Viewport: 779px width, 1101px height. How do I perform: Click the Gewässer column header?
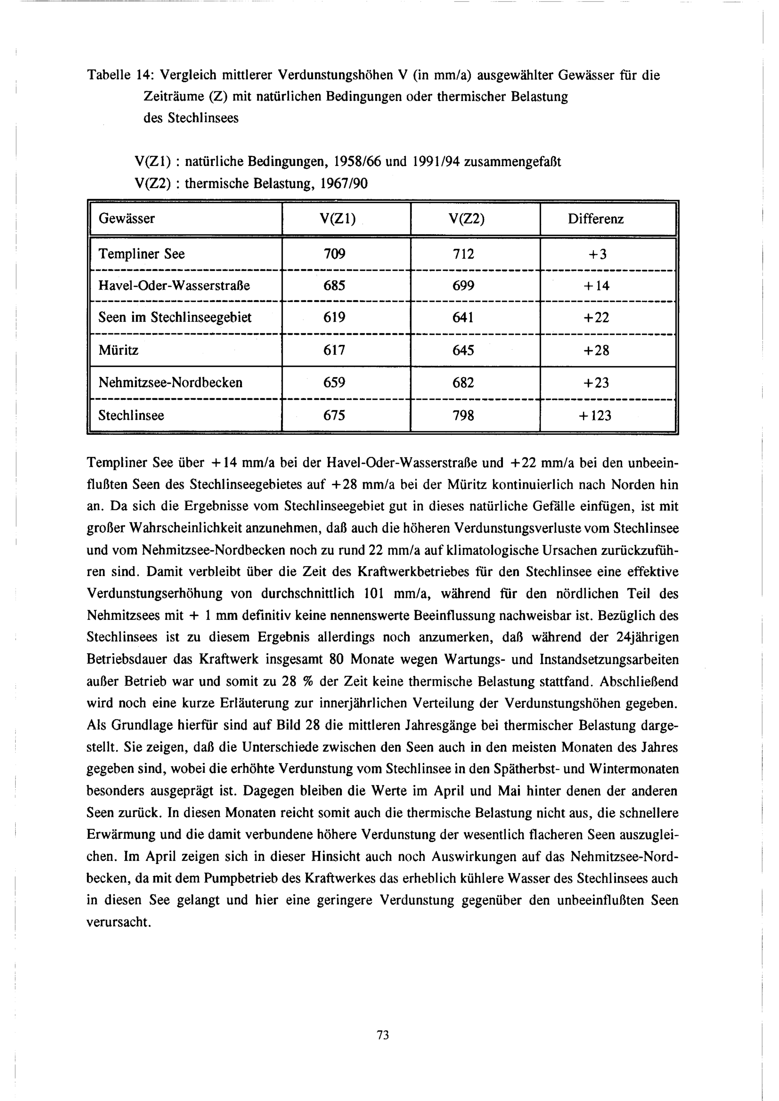[127, 219]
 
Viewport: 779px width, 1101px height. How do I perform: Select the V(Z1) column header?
[337, 219]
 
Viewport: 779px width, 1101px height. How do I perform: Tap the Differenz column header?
[596, 219]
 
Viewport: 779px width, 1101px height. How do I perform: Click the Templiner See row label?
[141, 254]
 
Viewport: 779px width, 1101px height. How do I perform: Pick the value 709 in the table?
[334, 254]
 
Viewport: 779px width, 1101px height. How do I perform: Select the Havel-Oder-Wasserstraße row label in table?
[174, 286]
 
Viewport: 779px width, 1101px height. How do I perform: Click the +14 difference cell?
[596, 286]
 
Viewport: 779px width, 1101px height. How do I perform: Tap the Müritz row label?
[118, 350]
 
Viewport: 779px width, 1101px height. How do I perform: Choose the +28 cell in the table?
[596, 350]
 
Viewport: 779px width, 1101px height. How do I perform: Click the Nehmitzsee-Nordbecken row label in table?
[170, 383]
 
